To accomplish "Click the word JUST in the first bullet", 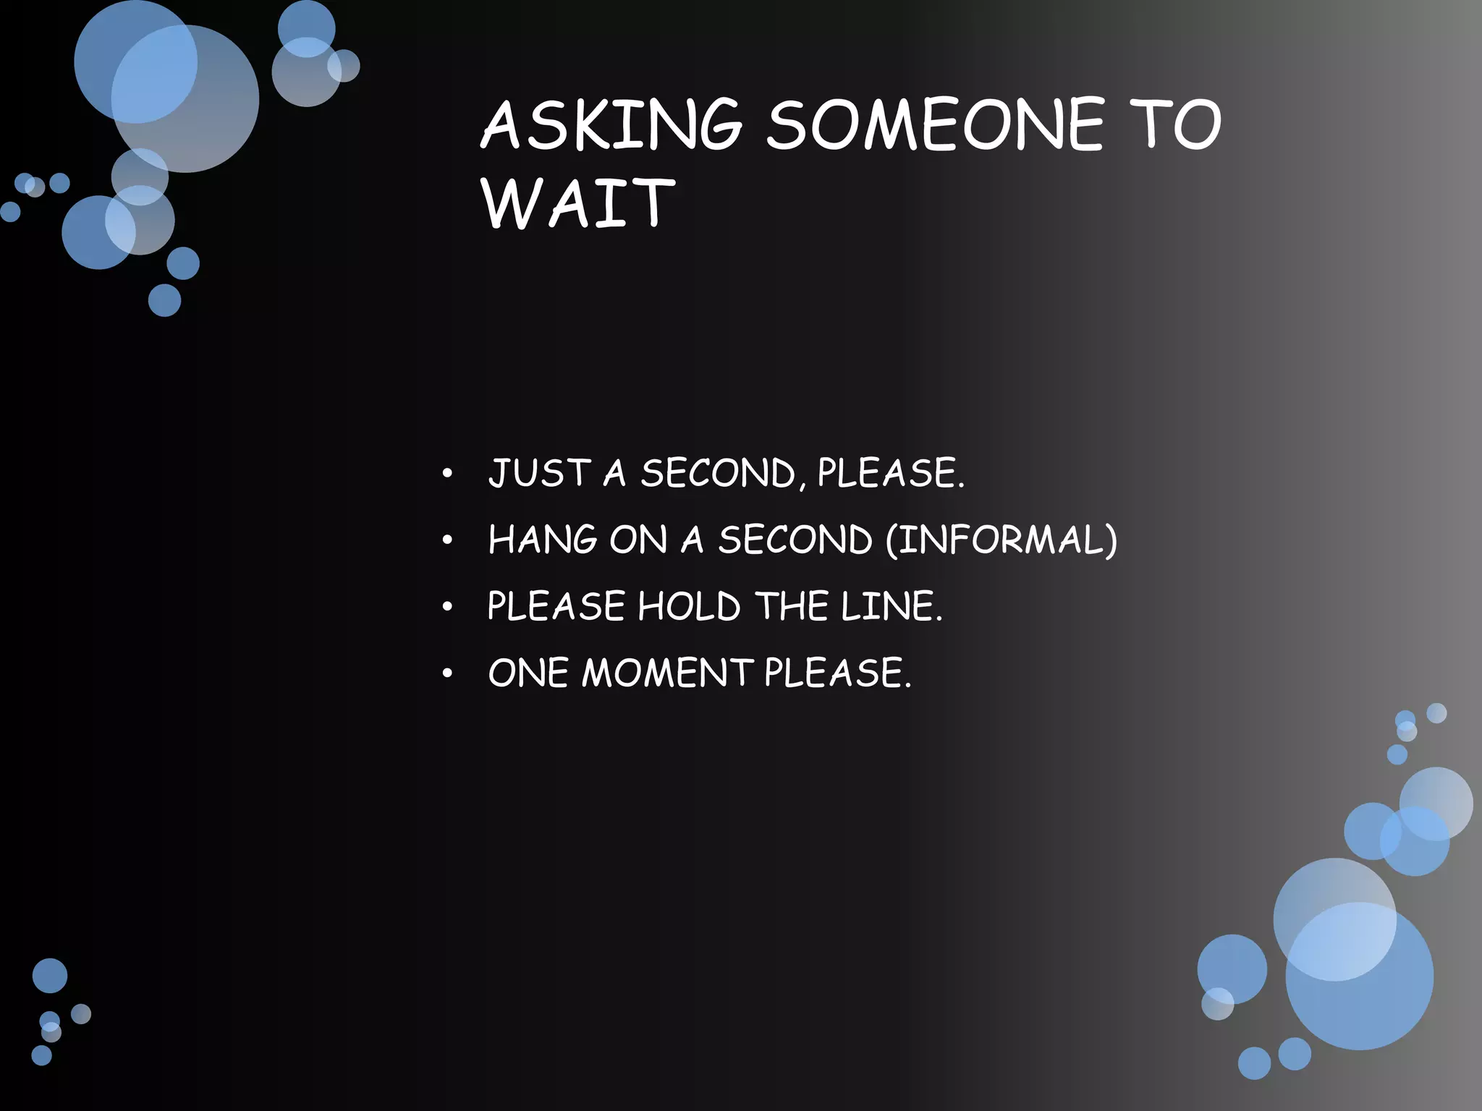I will pyautogui.click(x=539, y=473).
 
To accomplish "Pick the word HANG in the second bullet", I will pyautogui.click(x=543, y=540).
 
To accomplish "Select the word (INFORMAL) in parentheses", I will pyautogui.click(x=1002, y=540).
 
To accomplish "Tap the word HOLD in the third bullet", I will pyautogui.click(x=689, y=606).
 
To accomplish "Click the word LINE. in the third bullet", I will pyautogui.click(x=892, y=606).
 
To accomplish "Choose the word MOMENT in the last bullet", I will pyautogui.click(x=667, y=673).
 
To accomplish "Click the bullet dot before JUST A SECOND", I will pyautogui.click(x=448, y=474).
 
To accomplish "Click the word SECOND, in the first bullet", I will pyautogui.click(x=723, y=473).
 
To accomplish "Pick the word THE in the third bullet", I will pyautogui.click(x=791, y=606).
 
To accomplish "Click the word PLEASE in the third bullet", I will pyautogui.click(x=556, y=606).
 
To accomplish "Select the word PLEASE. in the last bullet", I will pyautogui.click(x=837, y=673).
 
